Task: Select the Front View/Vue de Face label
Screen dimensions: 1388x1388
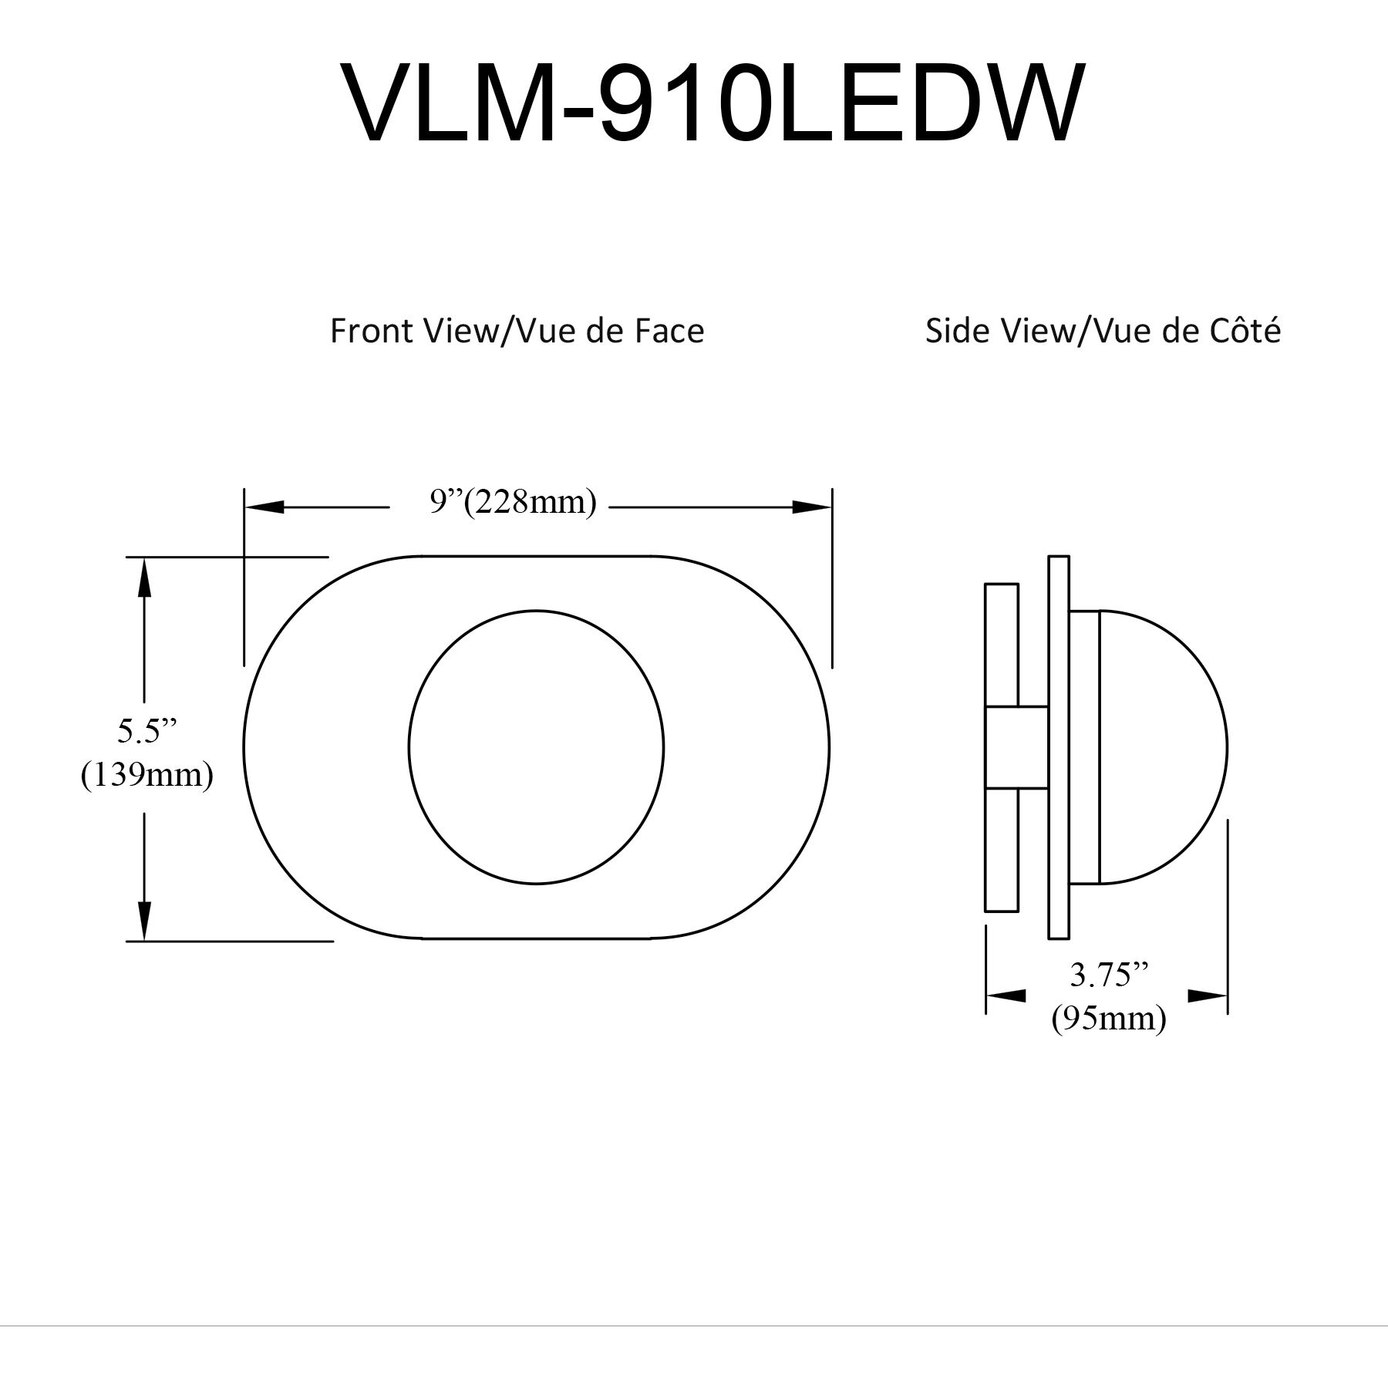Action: coord(517,331)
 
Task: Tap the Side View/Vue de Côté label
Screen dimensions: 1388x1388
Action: coord(1103,331)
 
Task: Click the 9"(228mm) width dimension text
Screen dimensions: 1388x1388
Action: coord(513,503)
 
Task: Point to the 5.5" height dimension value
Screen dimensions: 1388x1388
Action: coord(147,730)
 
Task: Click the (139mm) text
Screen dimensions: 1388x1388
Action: coord(147,774)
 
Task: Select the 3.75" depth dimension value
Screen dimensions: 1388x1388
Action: coord(1109,975)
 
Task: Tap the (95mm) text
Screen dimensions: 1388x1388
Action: coord(1109,1019)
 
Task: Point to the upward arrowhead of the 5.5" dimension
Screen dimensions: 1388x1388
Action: coord(143,578)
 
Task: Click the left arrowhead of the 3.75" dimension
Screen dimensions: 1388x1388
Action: coord(1006,996)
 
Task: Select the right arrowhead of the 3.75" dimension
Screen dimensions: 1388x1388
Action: coord(1208,996)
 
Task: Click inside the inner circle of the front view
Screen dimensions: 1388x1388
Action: coord(536,746)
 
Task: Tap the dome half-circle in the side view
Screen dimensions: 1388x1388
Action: coord(1161,746)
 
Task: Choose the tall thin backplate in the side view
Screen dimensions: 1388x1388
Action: coord(1059,746)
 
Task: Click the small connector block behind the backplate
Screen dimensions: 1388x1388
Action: coord(1016,746)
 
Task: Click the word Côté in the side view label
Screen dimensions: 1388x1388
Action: coord(1249,331)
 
